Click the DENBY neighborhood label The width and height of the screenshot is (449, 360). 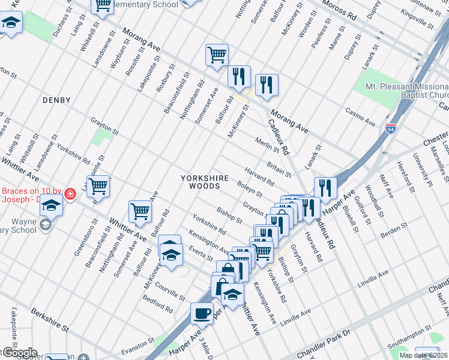(56, 100)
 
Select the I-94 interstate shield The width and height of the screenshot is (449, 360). (391, 128)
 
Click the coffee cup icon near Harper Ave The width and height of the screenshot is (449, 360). (202, 313)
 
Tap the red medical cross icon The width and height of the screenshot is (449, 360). (70, 194)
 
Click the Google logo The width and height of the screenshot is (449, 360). (19, 352)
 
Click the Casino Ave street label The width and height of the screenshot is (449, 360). (360, 116)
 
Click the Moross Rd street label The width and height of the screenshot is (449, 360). (339, 11)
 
